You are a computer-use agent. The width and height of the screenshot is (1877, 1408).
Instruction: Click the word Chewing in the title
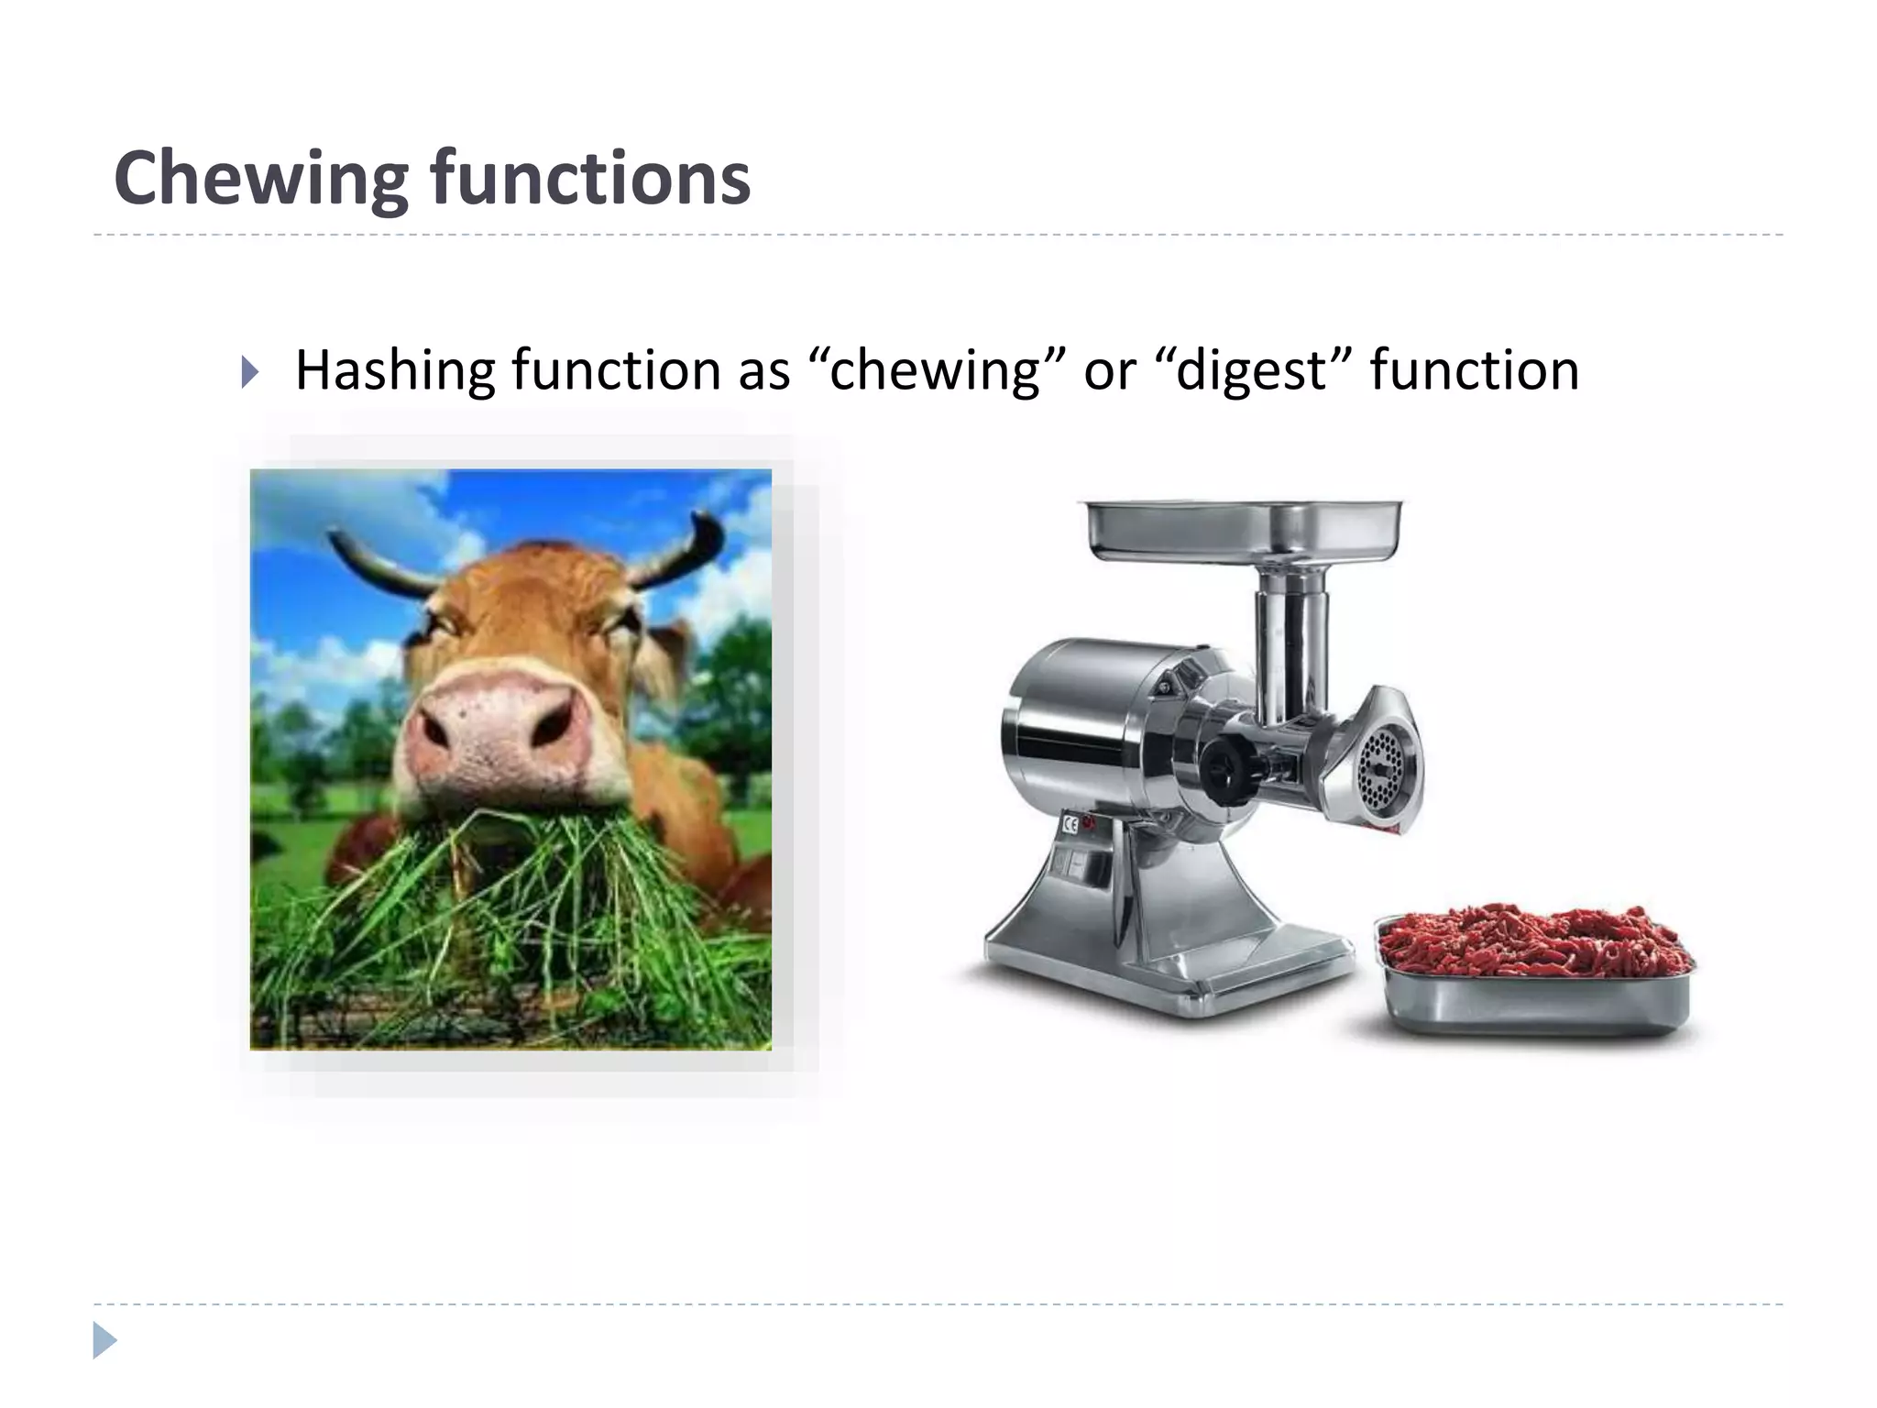tap(260, 179)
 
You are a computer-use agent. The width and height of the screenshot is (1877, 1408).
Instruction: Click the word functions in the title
tap(590, 179)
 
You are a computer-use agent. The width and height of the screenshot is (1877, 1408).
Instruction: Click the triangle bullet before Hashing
tap(248, 372)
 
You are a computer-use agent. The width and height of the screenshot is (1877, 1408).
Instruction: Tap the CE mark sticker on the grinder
tap(1070, 822)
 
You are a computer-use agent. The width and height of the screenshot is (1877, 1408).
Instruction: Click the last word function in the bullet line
tap(1474, 370)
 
